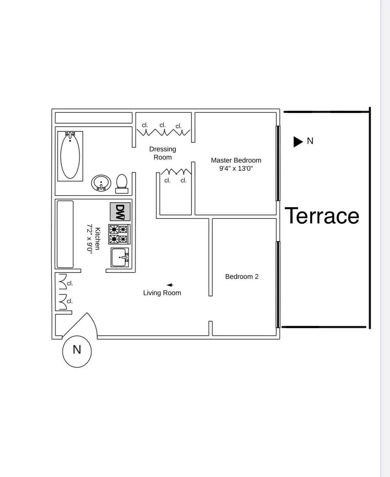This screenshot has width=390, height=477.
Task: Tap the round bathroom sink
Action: pyautogui.click(x=101, y=183)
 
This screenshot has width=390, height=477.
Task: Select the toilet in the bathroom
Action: pyautogui.click(x=122, y=184)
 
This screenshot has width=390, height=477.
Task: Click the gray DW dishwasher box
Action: pyautogui.click(x=120, y=212)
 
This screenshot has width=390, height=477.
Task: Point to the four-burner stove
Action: pyautogui.click(x=119, y=234)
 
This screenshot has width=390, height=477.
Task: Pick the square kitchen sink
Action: pyautogui.click(x=120, y=258)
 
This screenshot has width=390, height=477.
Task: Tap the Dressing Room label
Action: pyautogui.click(x=162, y=153)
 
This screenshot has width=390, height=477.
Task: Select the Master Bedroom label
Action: pyautogui.click(x=236, y=160)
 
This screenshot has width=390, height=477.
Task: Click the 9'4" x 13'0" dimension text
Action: pyautogui.click(x=236, y=168)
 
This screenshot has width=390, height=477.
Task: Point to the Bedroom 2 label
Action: pyautogui.click(x=242, y=277)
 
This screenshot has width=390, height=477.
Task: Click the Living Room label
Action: pyautogui.click(x=162, y=293)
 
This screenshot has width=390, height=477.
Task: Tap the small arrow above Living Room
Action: pyautogui.click(x=170, y=285)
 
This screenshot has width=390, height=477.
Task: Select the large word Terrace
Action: pyautogui.click(x=322, y=216)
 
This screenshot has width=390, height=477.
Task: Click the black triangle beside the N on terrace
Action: pyautogui.click(x=297, y=141)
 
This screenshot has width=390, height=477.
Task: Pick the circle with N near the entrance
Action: pyautogui.click(x=77, y=351)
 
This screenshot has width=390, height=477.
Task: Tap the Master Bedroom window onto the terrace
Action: pyautogui.click(x=278, y=163)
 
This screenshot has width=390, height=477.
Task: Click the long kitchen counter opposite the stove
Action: pyautogui.click(x=65, y=234)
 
